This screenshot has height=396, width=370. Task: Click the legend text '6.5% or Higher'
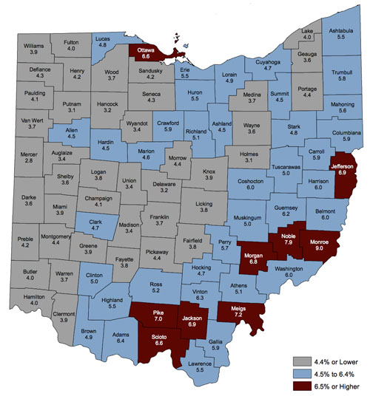[x=329, y=385]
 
